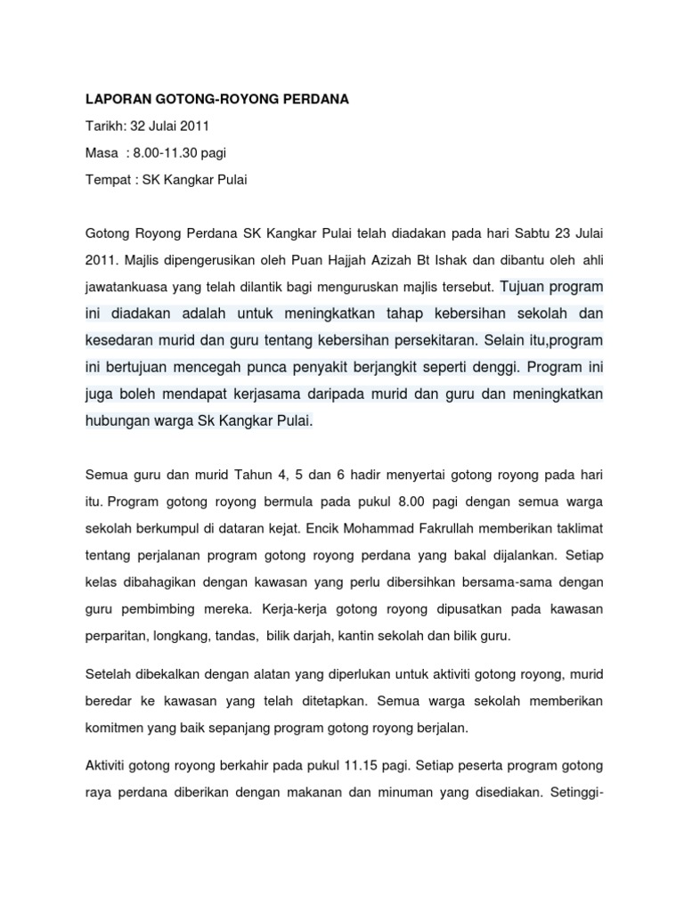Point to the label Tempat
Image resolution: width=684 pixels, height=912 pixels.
107,179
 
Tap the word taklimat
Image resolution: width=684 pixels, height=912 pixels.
578,528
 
